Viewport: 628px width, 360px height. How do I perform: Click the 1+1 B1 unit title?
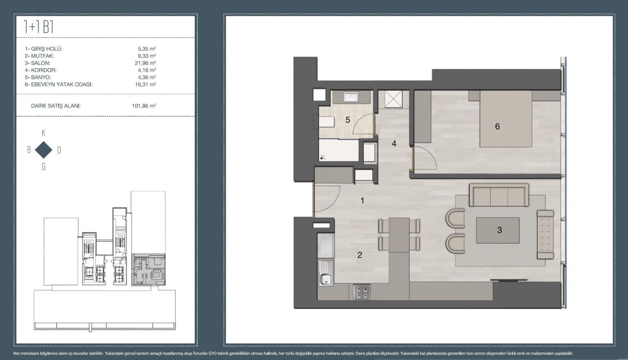click(39, 27)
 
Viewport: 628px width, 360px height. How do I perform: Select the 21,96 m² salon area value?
click(146, 63)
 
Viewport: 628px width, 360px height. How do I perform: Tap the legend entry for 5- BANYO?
click(38, 77)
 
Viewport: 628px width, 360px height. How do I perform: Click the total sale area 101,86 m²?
click(144, 106)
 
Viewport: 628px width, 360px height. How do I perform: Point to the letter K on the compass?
click(44, 133)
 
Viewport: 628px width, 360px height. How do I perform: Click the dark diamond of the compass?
click(44, 150)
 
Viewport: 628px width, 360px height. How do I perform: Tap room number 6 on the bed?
click(497, 127)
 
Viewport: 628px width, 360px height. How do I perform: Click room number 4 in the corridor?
click(394, 144)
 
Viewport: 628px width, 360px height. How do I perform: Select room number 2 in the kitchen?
click(360, 255)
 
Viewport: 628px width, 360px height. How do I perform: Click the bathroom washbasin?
click(351, 97)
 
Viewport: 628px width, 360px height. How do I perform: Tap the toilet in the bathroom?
click(326, 122)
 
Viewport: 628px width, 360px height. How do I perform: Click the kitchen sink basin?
click(325, 279)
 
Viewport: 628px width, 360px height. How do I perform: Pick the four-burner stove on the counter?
click(362, 292)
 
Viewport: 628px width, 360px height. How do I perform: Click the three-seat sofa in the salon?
click(499, 195)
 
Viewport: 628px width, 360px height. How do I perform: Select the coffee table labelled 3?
click(497, 230)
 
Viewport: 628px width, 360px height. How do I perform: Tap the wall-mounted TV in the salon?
click(509, 280)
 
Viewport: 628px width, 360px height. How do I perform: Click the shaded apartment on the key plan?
click(149, 270)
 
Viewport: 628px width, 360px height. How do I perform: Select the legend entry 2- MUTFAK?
click(39, 56)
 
